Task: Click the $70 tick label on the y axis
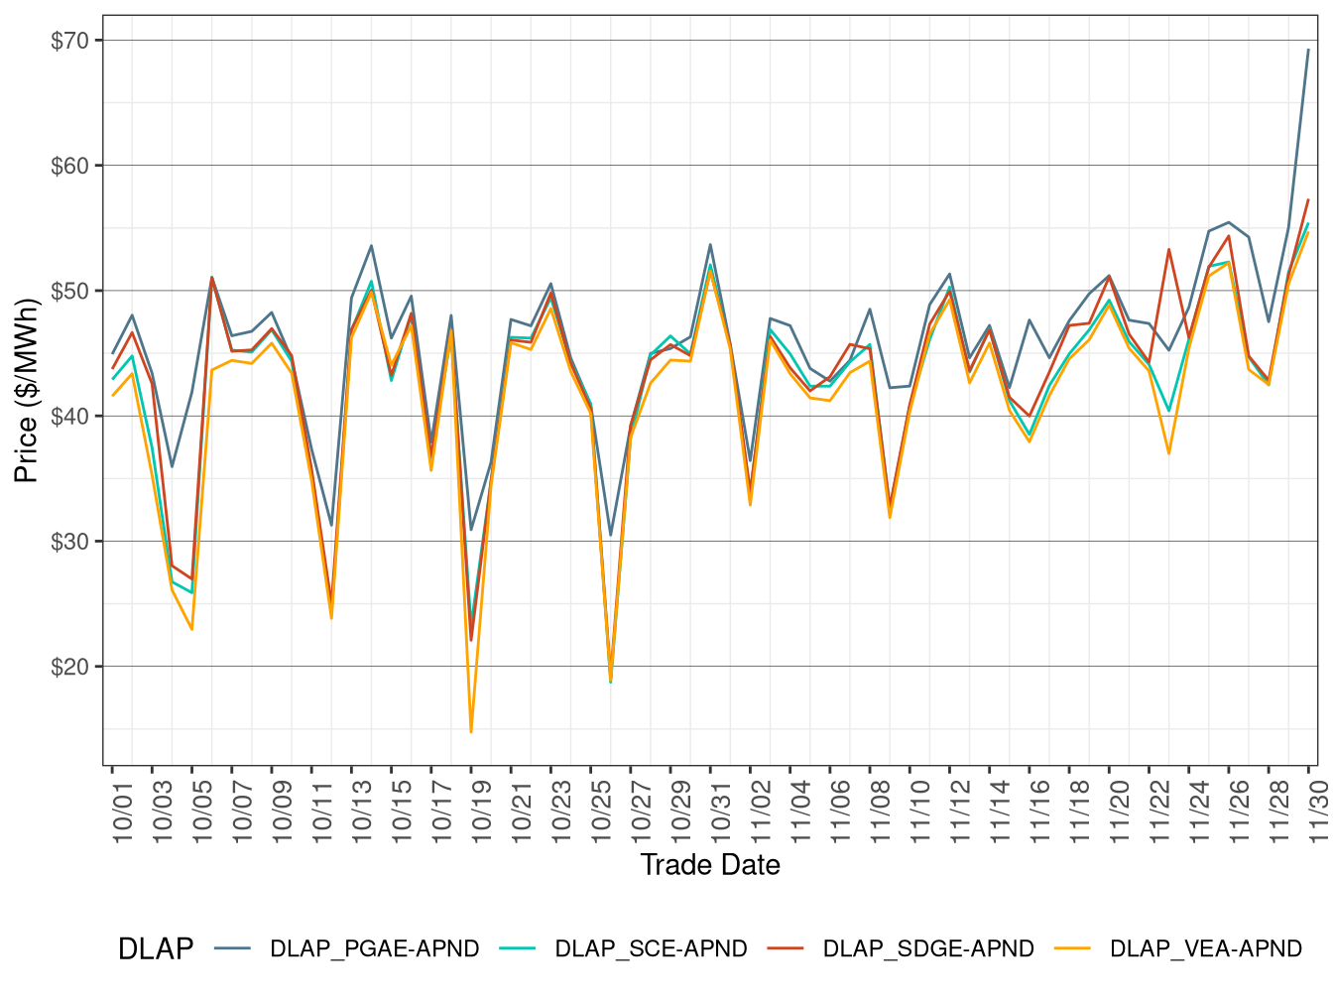tap(69, 41)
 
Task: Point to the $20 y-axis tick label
tap(69, 667)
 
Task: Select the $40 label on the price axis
tap(69, 416)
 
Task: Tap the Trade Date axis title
tap(710, 865)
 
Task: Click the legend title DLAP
tap(156, 949)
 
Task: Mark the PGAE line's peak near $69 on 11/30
tap(1308, 50)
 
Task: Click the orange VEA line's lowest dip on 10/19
tap(471, 731)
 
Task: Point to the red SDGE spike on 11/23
tap(1169, 250)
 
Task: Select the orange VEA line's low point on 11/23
tap(1169, 452)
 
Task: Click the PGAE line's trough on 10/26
tap(611, 535)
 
